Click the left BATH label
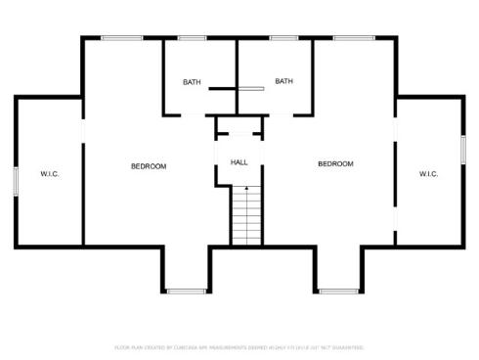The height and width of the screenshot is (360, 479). tap(192, 81)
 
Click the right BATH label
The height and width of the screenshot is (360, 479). tap(284, 81)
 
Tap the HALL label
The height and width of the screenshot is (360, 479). tap(239, 161)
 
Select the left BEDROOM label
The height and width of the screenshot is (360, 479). tap(149, 166)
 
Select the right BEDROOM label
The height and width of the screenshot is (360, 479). tap(335, 163)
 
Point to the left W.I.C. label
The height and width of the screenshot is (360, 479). tap(50, 174)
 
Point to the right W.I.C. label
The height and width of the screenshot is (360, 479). tap(428, 174)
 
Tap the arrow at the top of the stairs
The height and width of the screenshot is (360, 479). tap(246, 188)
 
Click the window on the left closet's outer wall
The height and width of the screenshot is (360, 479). tap(15, 182)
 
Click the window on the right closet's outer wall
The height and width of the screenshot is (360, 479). tap(463, 149)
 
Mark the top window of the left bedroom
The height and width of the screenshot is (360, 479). tap(121, 38)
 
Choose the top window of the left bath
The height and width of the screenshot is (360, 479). tap(192, 38)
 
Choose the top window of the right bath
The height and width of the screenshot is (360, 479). tap(283, 38)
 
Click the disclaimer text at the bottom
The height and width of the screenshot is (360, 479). tap(239, 346)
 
